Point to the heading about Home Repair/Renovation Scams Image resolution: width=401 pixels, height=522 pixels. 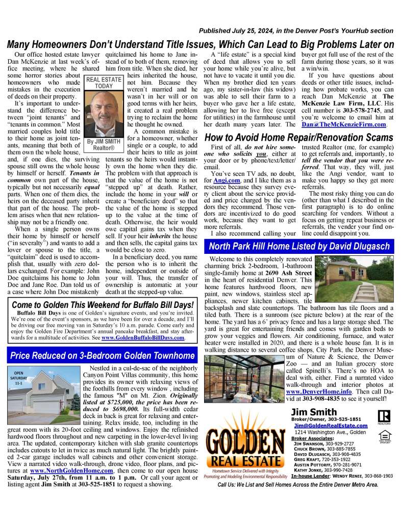[x=298, y=138]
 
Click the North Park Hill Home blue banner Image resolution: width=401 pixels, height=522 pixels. [x=299, y=247]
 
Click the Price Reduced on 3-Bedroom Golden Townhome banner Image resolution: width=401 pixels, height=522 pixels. [x=102, y=355]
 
